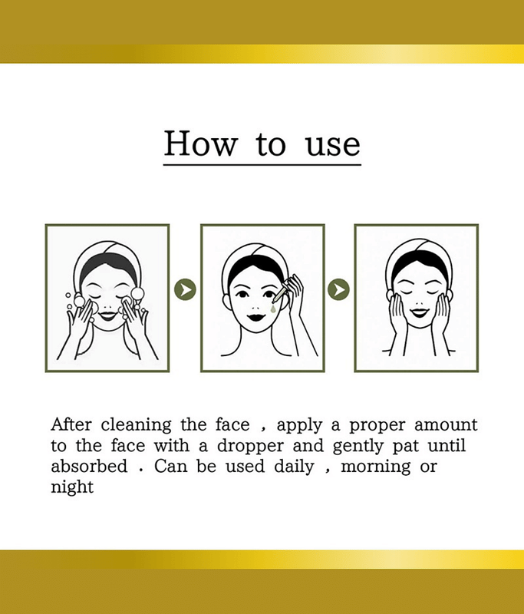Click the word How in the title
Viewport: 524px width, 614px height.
click(201, 144)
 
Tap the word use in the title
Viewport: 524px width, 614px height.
click(333, 145)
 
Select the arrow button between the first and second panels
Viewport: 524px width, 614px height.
click(185, 289)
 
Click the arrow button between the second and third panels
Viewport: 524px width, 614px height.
click(338, 289)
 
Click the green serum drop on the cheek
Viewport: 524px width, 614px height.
click(273, 309)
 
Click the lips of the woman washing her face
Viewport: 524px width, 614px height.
click(107, 315)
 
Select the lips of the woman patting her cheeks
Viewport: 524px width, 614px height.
click(419, 312)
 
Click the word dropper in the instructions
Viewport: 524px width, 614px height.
click(250, 447)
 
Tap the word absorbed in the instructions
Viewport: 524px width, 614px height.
click(89, 466)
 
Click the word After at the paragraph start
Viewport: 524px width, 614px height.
click(71, 424)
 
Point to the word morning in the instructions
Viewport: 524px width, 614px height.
click(376, 467)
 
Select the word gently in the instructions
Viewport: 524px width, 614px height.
click(358, 447)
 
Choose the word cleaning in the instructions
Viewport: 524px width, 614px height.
click(137, 426)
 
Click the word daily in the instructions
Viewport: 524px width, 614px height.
click(294, 467)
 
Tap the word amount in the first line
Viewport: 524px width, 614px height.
click(446, 425)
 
